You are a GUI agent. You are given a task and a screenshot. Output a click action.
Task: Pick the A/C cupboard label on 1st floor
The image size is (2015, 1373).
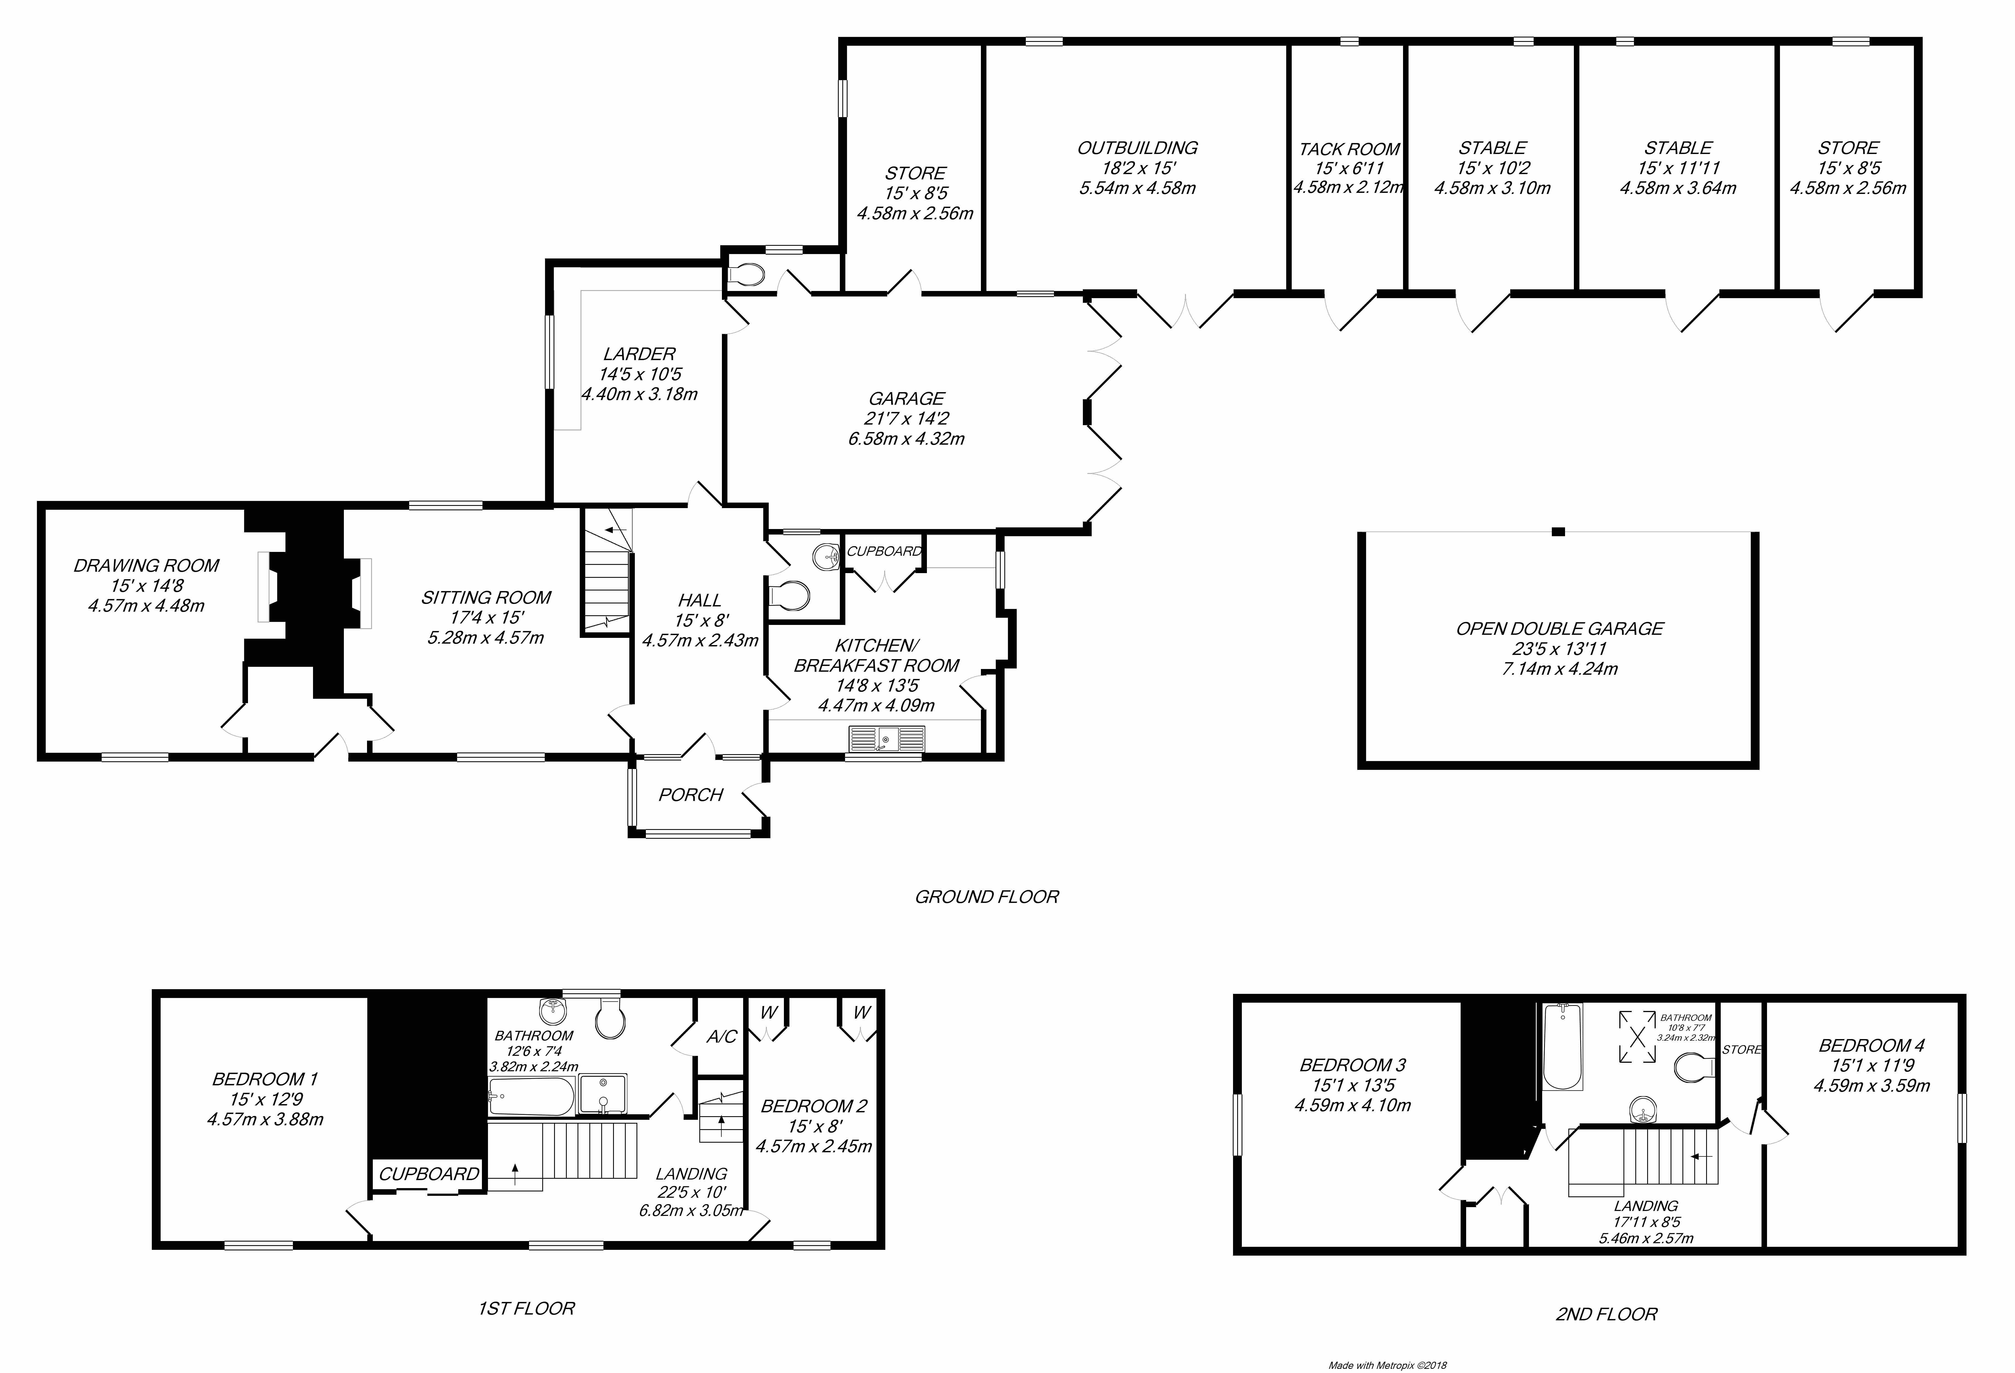pos(721,1037)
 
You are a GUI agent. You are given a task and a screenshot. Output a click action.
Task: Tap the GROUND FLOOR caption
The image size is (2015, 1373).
pos(987,897)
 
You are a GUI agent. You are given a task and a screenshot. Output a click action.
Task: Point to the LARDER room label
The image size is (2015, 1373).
pos(639,354)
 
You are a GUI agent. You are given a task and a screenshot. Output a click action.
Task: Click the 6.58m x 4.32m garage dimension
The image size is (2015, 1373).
pos(906,439)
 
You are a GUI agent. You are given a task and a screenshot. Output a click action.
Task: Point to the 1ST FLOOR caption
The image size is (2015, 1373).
pos(526,1308)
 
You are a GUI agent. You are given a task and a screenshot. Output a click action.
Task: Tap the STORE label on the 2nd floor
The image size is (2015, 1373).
pos(1741,1050)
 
